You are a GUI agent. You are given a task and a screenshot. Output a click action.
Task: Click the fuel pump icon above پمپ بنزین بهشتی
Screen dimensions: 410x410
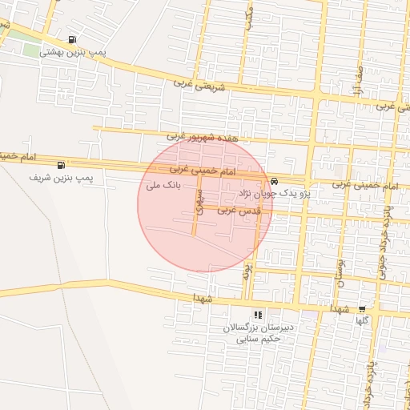pyautogui.click(x=74, y=39)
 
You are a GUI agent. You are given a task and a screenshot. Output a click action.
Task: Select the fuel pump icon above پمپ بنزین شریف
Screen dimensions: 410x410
pyautogui.click(x=62, y=164)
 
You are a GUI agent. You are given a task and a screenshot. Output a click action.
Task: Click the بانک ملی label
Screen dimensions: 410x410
pyautogui.click(x=161, y=186)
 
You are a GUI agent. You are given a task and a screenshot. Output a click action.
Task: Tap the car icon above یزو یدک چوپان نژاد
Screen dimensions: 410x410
pyautogui.click(x=274, y=181)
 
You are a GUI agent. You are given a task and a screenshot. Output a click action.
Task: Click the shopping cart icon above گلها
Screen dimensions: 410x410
pyautogui.click(x=362, y=309)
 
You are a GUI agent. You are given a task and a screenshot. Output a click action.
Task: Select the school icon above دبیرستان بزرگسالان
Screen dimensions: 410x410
pyautogui.click(x=257, y=315)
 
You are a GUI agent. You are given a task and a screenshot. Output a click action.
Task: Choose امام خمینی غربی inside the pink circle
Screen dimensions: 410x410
pyautogui.click(x=203, y=171)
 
